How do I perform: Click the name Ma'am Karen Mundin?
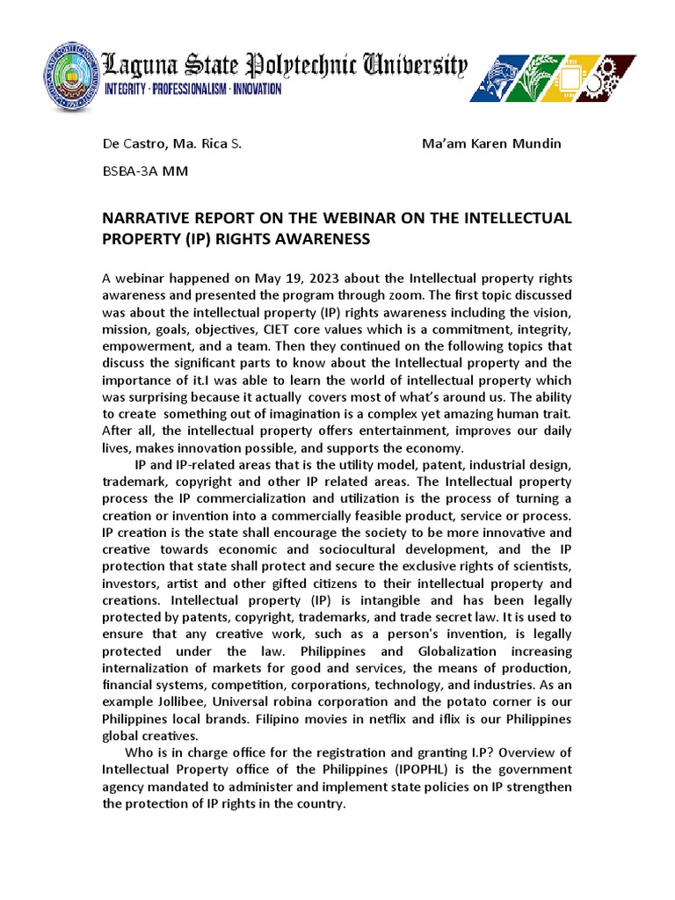click(491, 143)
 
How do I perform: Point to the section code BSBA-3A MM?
click(145, 171)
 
